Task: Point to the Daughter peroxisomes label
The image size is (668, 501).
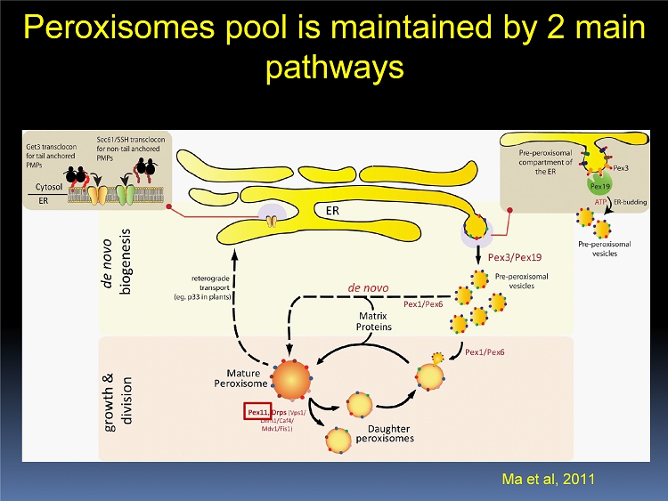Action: [385, 433]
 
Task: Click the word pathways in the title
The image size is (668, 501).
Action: [334, 68]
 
